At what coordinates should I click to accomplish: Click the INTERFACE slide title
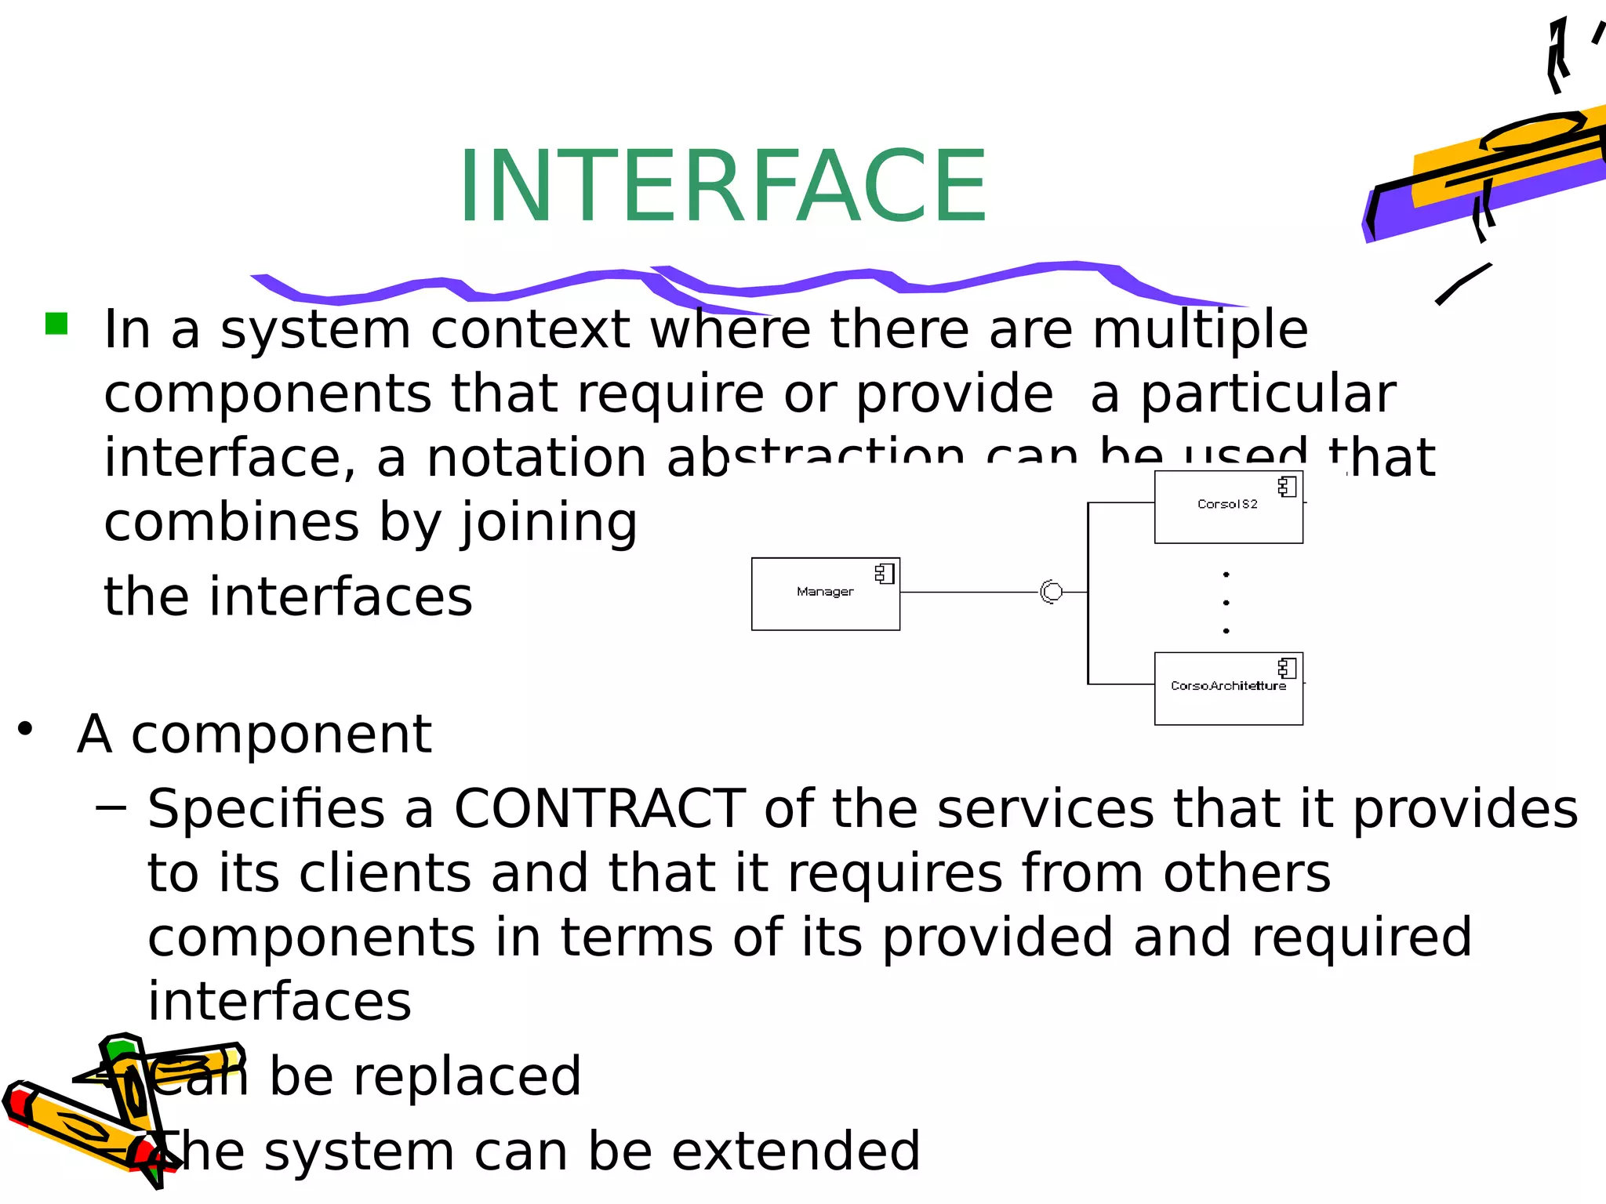[x=721, y=187]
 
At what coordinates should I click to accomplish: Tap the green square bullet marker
[x=56, y=324]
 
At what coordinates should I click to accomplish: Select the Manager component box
[x=825, y=594]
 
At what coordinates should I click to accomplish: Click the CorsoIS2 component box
[x=1228, y=507]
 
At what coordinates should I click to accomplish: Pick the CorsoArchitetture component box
[x=1228, y=688]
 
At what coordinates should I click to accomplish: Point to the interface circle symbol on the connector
[x=1052, y=592]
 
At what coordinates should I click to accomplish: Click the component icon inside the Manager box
[x=885, y=574]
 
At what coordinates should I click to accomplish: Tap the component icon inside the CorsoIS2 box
[x=1287, y=487]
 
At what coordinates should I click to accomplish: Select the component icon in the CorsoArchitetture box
[x=1287, y=668]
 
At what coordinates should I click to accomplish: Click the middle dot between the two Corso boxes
[x=1226, y=603]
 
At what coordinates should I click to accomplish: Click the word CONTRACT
[x=599, y=809]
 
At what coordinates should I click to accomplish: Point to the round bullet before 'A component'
[x=26, y=729]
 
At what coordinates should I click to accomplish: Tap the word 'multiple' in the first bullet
[x=1200, y=329]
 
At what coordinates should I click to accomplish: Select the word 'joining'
[x=549, y=524]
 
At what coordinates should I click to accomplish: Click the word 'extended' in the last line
[x=795, y=1151]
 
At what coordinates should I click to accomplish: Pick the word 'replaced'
[x=466, y=1076]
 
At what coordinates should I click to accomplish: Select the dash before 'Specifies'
[x=111, y=807]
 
